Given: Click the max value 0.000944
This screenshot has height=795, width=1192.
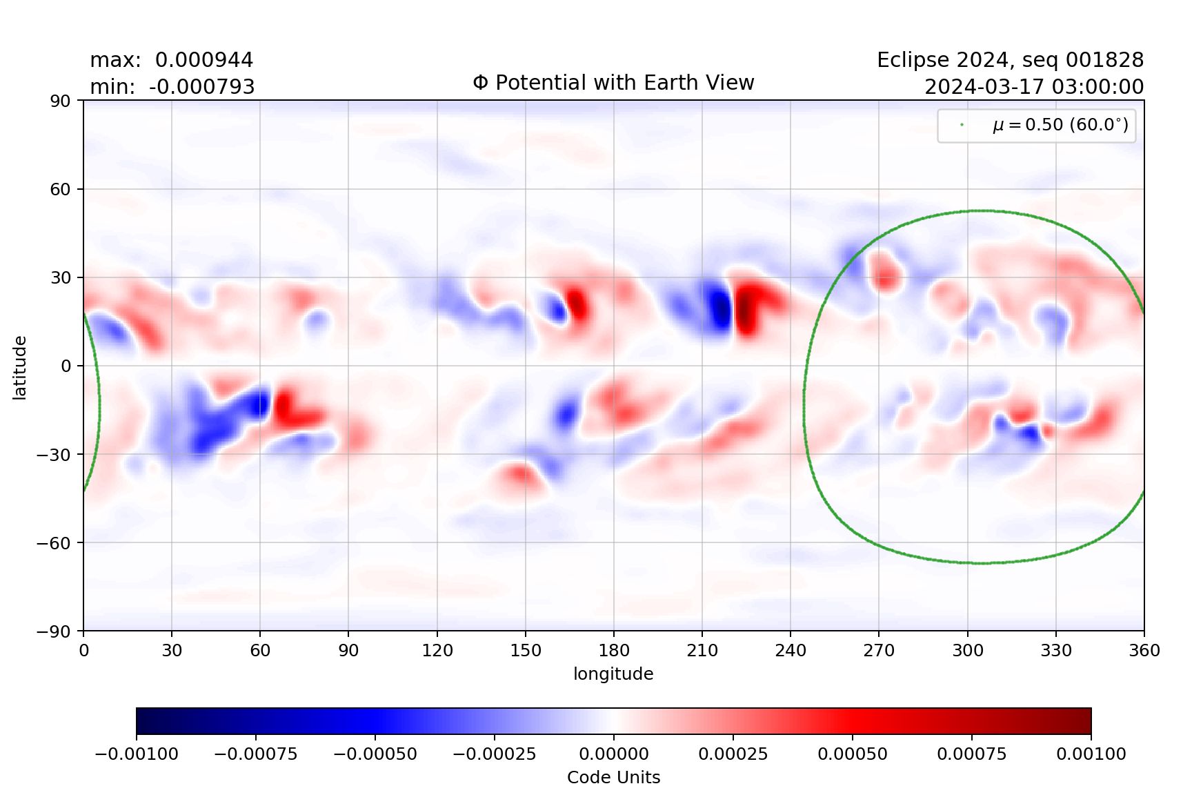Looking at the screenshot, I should tap(203, 60).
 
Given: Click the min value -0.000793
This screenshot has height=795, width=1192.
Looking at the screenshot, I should tap(201, 87).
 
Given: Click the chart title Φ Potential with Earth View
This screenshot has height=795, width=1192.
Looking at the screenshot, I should tap(613, 83).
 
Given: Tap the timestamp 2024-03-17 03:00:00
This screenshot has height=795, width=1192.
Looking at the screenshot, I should tap(1033, 87).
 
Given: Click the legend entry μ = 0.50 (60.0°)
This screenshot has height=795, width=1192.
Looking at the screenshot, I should tap(1060, 125).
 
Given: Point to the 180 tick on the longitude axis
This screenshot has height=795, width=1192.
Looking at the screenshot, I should tap(614, 650).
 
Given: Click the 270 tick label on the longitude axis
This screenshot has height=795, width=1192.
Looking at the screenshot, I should tap(879, 650).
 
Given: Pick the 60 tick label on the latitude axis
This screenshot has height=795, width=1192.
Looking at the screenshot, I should tap(60, 189).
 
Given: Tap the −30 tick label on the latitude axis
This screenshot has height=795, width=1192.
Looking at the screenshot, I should tap(55, 455).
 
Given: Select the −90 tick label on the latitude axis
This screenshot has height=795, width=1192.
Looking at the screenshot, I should tap(55, 631).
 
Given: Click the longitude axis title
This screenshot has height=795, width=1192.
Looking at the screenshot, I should tap(613, 674).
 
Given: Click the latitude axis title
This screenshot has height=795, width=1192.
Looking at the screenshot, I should tap(20, 367).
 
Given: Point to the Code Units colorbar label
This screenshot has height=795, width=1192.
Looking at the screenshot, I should tap(613, 777).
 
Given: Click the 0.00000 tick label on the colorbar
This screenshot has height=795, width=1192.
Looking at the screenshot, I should tap(614, 754).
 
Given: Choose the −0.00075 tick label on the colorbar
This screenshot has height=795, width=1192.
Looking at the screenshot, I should tap(256, 754).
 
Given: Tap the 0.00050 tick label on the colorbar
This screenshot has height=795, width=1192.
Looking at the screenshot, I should tap(853, 754).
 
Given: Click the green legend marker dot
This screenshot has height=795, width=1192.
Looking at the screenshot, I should tap(962, 125).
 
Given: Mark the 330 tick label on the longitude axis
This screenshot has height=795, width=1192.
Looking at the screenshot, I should tap(1056, 650).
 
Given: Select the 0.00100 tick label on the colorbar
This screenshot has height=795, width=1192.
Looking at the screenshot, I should tap(1091, 754).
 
